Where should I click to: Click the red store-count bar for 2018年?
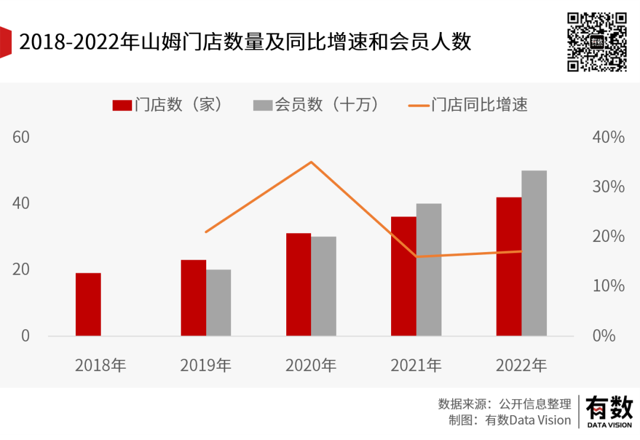click(x=88, y=304)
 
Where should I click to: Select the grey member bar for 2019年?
click(x=219, y=302)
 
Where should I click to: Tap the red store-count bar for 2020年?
click(x=299, y=285)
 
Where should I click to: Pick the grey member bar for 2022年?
click(x=534, y=253)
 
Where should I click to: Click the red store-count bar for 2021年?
click(x=404, y=276)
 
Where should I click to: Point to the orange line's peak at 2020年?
click(x=312, y=162)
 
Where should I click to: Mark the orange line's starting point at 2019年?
click(x=206, y=232)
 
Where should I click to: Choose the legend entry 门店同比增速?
click(x=468, y=105)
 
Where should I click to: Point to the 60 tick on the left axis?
click(x=21, y=137)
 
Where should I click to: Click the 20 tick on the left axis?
click(x=21, y=269)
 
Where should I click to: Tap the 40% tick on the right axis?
click(x=609, y=137)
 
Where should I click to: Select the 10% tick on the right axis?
click(x=609, y=286)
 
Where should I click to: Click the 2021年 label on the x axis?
click(x=416, y=365)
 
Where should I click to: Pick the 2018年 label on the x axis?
click(x=101, y=365)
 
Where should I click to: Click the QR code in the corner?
click(x=597, y=42)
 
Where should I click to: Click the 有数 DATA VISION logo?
click(x=609, y=411)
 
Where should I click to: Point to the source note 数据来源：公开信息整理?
click(x=504, y=404)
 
